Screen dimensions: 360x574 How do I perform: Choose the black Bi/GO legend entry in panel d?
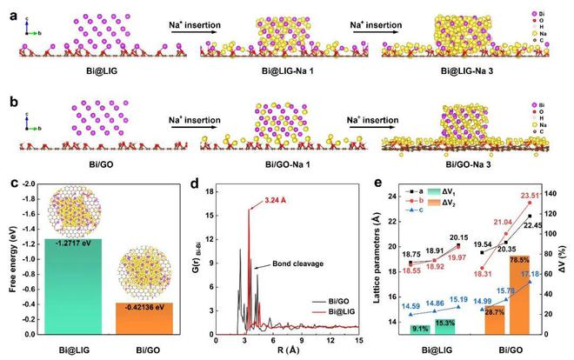[x=339, y=297]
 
